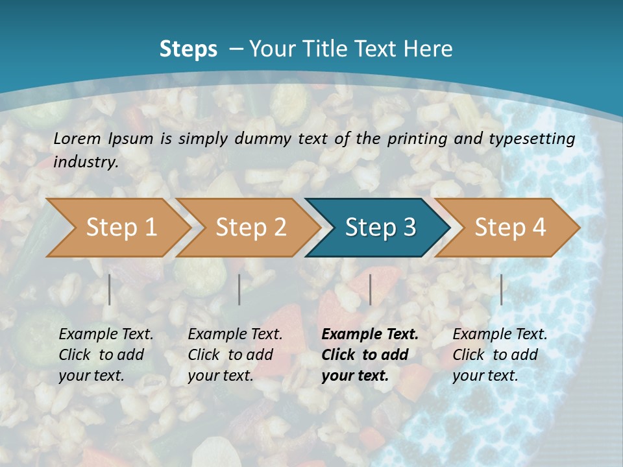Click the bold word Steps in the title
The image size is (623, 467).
coord(188,49)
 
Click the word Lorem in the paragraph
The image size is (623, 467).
coord(77,138)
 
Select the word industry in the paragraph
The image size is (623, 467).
coord(85,162)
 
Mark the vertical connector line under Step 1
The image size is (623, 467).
coord(110,289)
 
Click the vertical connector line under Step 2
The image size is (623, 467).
coord(239,289)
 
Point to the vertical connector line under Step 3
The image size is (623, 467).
coord(370,289)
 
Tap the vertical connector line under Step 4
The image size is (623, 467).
coord(501,289)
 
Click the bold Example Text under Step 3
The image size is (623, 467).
coord(370,335)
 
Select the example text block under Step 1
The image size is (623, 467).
coord(106,355)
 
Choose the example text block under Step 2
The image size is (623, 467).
coord(235,355)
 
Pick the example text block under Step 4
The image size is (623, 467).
coord(500,355)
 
